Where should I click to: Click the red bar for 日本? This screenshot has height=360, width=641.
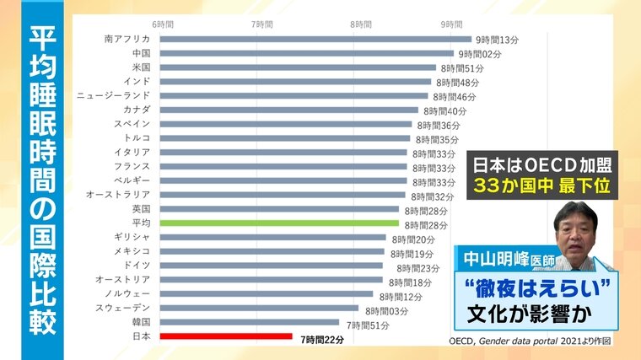[x=225, y=336]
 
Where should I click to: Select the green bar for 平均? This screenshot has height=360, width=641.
[x=278, y=223]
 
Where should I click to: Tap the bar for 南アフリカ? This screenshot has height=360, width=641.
[x=315, y=39]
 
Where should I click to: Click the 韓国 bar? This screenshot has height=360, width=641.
[x=249, y=322]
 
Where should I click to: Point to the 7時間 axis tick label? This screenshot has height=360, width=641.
[x=262, y=24]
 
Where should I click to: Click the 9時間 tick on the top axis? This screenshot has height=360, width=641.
[x=451, y=24]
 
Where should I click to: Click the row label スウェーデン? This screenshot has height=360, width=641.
[x=123, y=309]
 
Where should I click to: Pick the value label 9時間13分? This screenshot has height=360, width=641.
[x=497, y=40]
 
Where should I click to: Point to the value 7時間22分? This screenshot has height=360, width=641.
[x=323, y=338]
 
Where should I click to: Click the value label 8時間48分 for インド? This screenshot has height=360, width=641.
[x=457, y=83]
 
